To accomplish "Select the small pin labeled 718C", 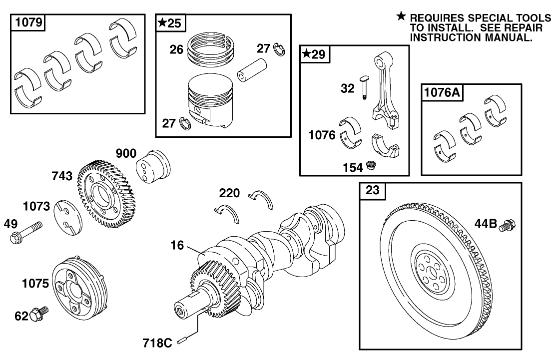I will [184, 340].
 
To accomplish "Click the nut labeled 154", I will [370, 165].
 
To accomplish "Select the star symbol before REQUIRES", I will [401, 16].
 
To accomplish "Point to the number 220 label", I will [229, 193].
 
